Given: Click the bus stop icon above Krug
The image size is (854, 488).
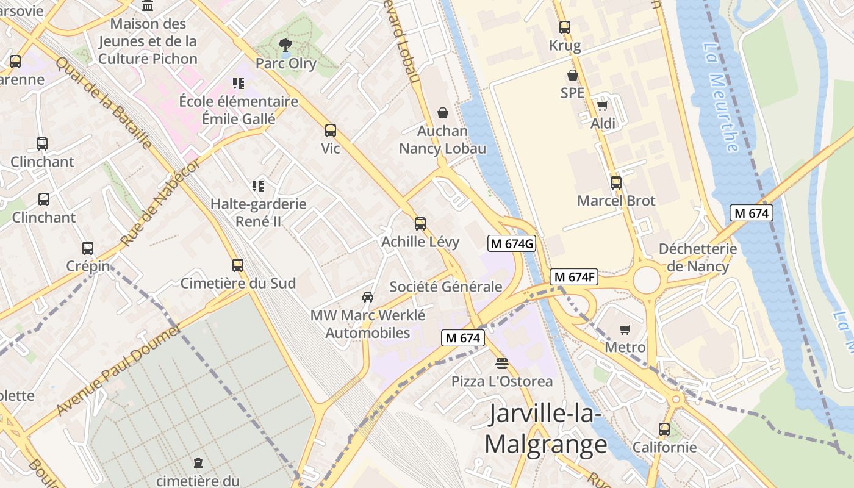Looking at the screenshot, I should (564, 27).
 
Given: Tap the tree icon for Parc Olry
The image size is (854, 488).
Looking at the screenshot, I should (284, 45).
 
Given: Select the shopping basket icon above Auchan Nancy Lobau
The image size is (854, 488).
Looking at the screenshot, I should (442, 113).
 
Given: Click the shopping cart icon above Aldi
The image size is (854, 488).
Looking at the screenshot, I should (603, 106).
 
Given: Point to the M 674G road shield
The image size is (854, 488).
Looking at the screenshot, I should (512, 243).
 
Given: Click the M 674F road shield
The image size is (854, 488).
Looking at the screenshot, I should (573, 277).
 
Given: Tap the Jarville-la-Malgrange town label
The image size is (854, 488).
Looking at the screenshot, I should (546, 429).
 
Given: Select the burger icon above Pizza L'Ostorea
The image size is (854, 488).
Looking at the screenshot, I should (501, 364).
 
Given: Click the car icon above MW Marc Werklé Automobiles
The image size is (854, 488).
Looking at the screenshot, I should (367, 297).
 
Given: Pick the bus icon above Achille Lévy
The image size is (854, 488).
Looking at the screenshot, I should (420, 224).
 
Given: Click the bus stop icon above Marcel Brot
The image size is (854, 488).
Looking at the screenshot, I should (615, 182).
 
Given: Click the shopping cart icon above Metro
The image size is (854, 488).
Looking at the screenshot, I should (625, 330).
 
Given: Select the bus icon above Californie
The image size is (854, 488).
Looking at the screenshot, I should (664, 429).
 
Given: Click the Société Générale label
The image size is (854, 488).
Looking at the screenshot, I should (446, 287).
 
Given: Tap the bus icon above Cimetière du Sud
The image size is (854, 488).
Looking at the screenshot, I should (237, 265).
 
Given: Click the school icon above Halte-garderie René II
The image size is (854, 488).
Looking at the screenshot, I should (257, 185).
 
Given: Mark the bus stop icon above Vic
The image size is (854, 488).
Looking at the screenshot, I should (330, 131).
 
